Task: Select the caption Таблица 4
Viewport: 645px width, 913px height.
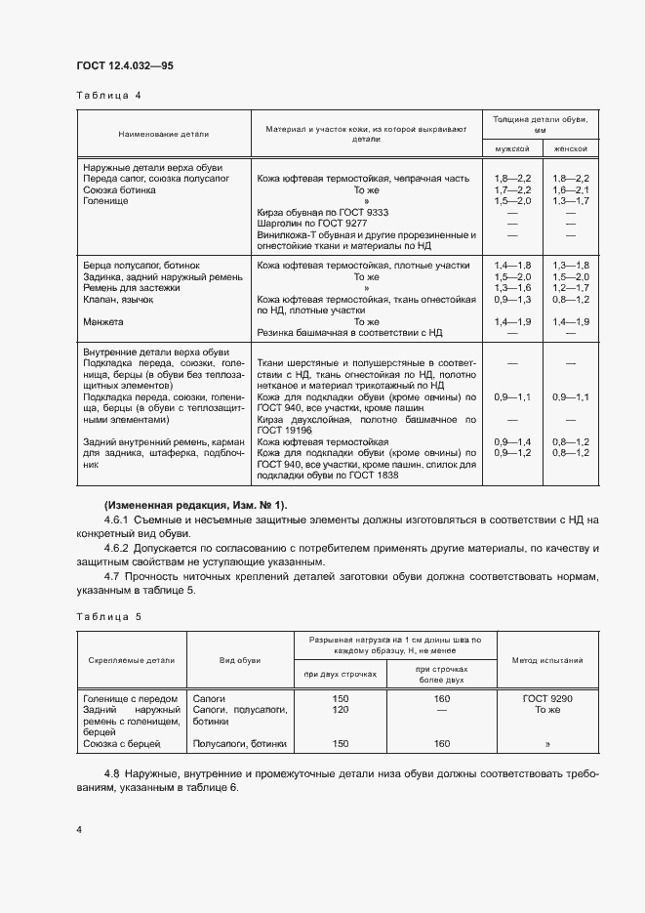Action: pos(108,96)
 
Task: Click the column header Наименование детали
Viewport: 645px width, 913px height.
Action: pos(163,133)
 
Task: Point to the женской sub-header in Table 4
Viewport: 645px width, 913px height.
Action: pos(570,148)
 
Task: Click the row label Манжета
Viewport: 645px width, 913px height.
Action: pos(103,321)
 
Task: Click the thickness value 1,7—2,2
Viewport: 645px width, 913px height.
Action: pos(511,190)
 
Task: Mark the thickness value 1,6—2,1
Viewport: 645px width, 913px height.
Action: pos(570,190)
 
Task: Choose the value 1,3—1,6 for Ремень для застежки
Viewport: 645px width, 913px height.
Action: pos(511,288)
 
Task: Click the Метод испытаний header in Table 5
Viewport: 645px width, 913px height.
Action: pos(547,660)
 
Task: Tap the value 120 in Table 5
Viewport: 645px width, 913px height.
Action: pos(341,710)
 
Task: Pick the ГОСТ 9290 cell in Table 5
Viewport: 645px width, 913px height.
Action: pos(547,699)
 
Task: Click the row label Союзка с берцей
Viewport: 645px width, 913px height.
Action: pos(122,743)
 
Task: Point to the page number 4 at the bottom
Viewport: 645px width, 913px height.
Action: pos(79,829)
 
